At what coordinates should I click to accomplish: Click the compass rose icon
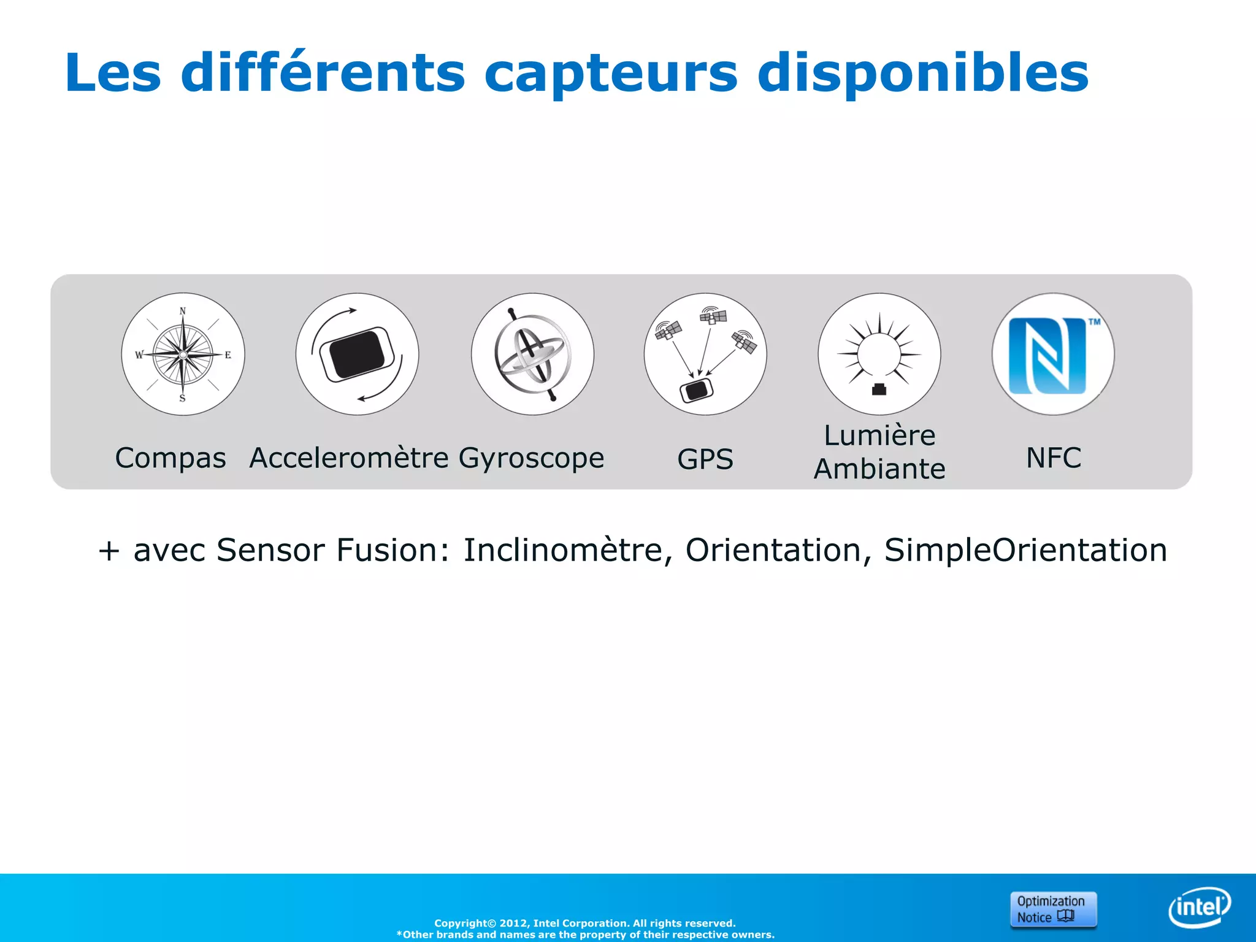pos(183,354)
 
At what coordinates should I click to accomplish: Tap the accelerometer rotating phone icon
pos(357,354)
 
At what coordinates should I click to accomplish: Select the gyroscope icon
pos(532,354)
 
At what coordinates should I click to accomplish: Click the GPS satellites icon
pos(705,354)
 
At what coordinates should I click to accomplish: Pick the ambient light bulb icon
pos(879,354)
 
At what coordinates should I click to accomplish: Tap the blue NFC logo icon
pos(1053,354)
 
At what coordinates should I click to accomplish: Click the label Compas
pos(170,458)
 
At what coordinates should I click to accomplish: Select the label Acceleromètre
pos(349,458)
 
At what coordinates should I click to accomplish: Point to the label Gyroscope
pos(531,458)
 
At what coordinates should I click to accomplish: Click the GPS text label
pos(705,459)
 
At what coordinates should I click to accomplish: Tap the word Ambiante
pos(879,469)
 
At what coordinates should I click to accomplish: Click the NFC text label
pos(1054,458)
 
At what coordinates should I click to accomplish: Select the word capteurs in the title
pos(611,74)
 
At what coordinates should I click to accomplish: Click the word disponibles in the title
pos(923,74)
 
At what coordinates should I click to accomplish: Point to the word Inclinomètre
pos(563,550)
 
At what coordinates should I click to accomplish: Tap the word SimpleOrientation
pos(1025,550)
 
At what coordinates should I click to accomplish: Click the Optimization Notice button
pos(1053,909)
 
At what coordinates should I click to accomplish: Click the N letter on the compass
pos(183,312)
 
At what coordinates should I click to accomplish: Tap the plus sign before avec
pos(109,551)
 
